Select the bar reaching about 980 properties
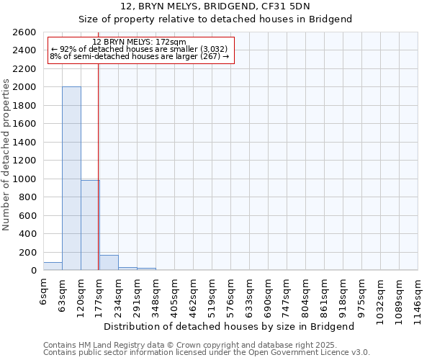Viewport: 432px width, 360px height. pyautogui.click(x=90, y=225)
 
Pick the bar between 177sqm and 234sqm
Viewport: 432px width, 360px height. pyautogui.click(x=109, y=263)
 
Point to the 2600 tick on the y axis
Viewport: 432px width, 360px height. pyautogui.click(x=25, y=32)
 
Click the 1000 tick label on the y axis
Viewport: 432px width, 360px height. pyautogui.click(x=25, y=179)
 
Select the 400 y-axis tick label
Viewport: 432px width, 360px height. pyautogui.click(x=28, y=234)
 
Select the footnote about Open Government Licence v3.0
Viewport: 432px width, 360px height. pyautogui.click(x=207, y=353)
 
